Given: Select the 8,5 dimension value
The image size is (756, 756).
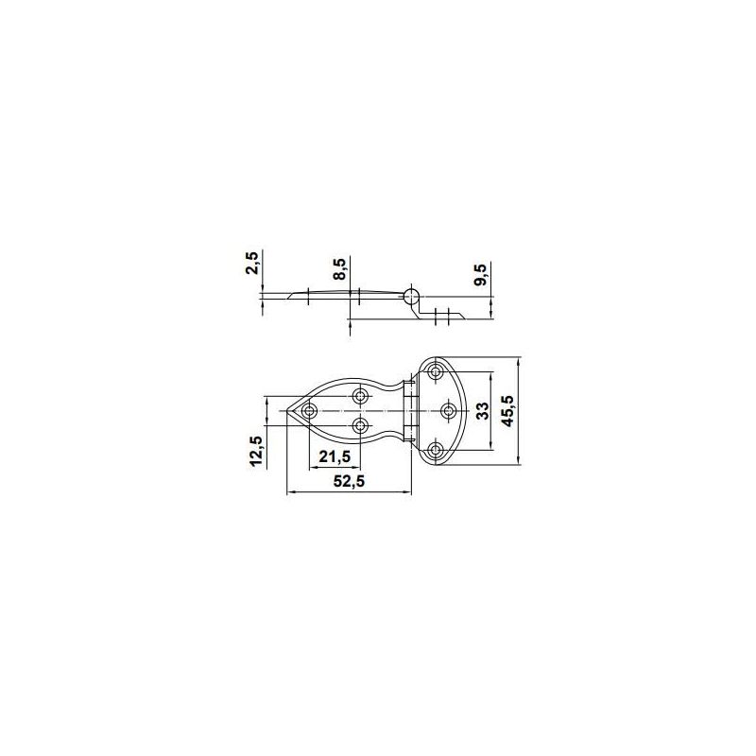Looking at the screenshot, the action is pyautogui.click(x=339, y=269).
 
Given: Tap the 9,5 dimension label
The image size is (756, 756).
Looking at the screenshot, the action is pyautogui.click(x=482, y=274).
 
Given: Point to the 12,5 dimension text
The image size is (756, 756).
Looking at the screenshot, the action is pyautogui.click(x=255, y=451).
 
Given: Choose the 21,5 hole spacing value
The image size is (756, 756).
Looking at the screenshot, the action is pyautogui.click(x=335, y=456).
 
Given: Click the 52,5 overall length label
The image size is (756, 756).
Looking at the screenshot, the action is pyautogui.click(x=350, y=481).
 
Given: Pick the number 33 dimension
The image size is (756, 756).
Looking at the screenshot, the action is pyautogui.click(x=483, y=411).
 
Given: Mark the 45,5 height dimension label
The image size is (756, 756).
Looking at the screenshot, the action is pyautogui.click(x=507, y=411).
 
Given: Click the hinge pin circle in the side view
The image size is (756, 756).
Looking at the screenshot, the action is pyautogui.click(x=411, y=296).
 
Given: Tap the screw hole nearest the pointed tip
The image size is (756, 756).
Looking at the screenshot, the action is pyautogui.click(x=309, y=411).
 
